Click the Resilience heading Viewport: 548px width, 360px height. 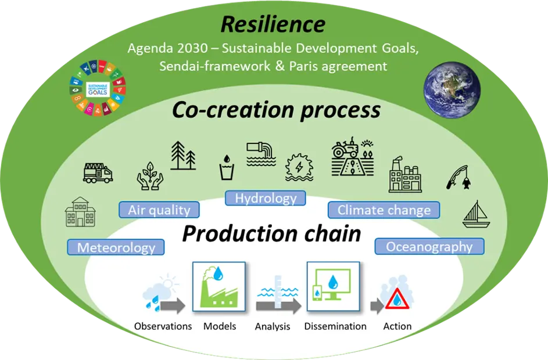coord(273,24)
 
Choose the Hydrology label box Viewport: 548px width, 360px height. coord(266,198)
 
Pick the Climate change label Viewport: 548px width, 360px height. coord(384,210)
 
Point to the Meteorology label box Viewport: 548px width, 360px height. coord(116,247)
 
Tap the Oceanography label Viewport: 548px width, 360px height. coord(429,246)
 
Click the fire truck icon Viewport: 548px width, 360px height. coord(98,172)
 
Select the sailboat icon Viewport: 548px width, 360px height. coord(476,214)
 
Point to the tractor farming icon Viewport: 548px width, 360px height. coord(352,157)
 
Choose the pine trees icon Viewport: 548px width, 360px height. coord(182,155)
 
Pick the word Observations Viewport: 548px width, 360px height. coord(163,326)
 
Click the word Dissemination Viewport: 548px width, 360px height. coord(335,326)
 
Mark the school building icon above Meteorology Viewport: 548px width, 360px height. coord(80,212)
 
